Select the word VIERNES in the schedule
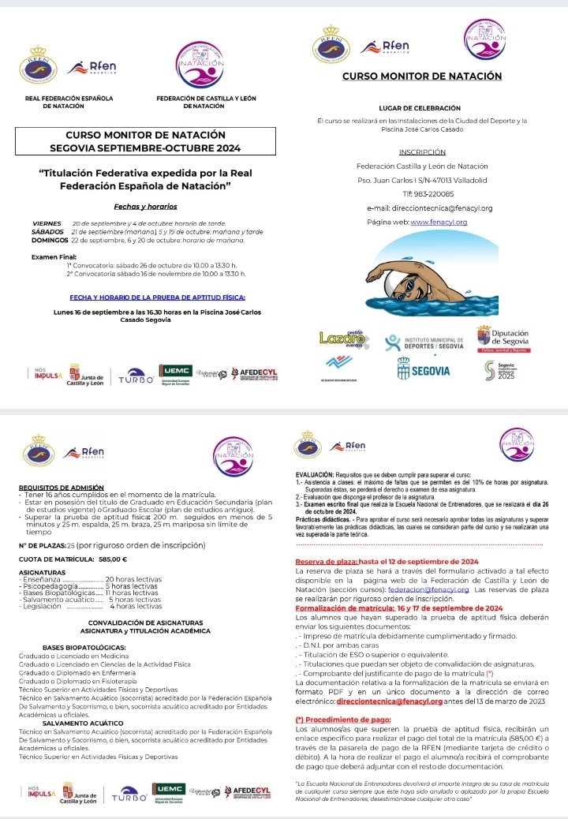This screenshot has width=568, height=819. (x=46, y=224)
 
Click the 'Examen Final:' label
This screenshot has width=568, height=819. (x=54, y=257)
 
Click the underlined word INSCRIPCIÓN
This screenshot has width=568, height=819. (x=422, y=151)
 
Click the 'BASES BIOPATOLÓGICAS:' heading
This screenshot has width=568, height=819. (x=84, y=646)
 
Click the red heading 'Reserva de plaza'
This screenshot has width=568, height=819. (x=326, y=539)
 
